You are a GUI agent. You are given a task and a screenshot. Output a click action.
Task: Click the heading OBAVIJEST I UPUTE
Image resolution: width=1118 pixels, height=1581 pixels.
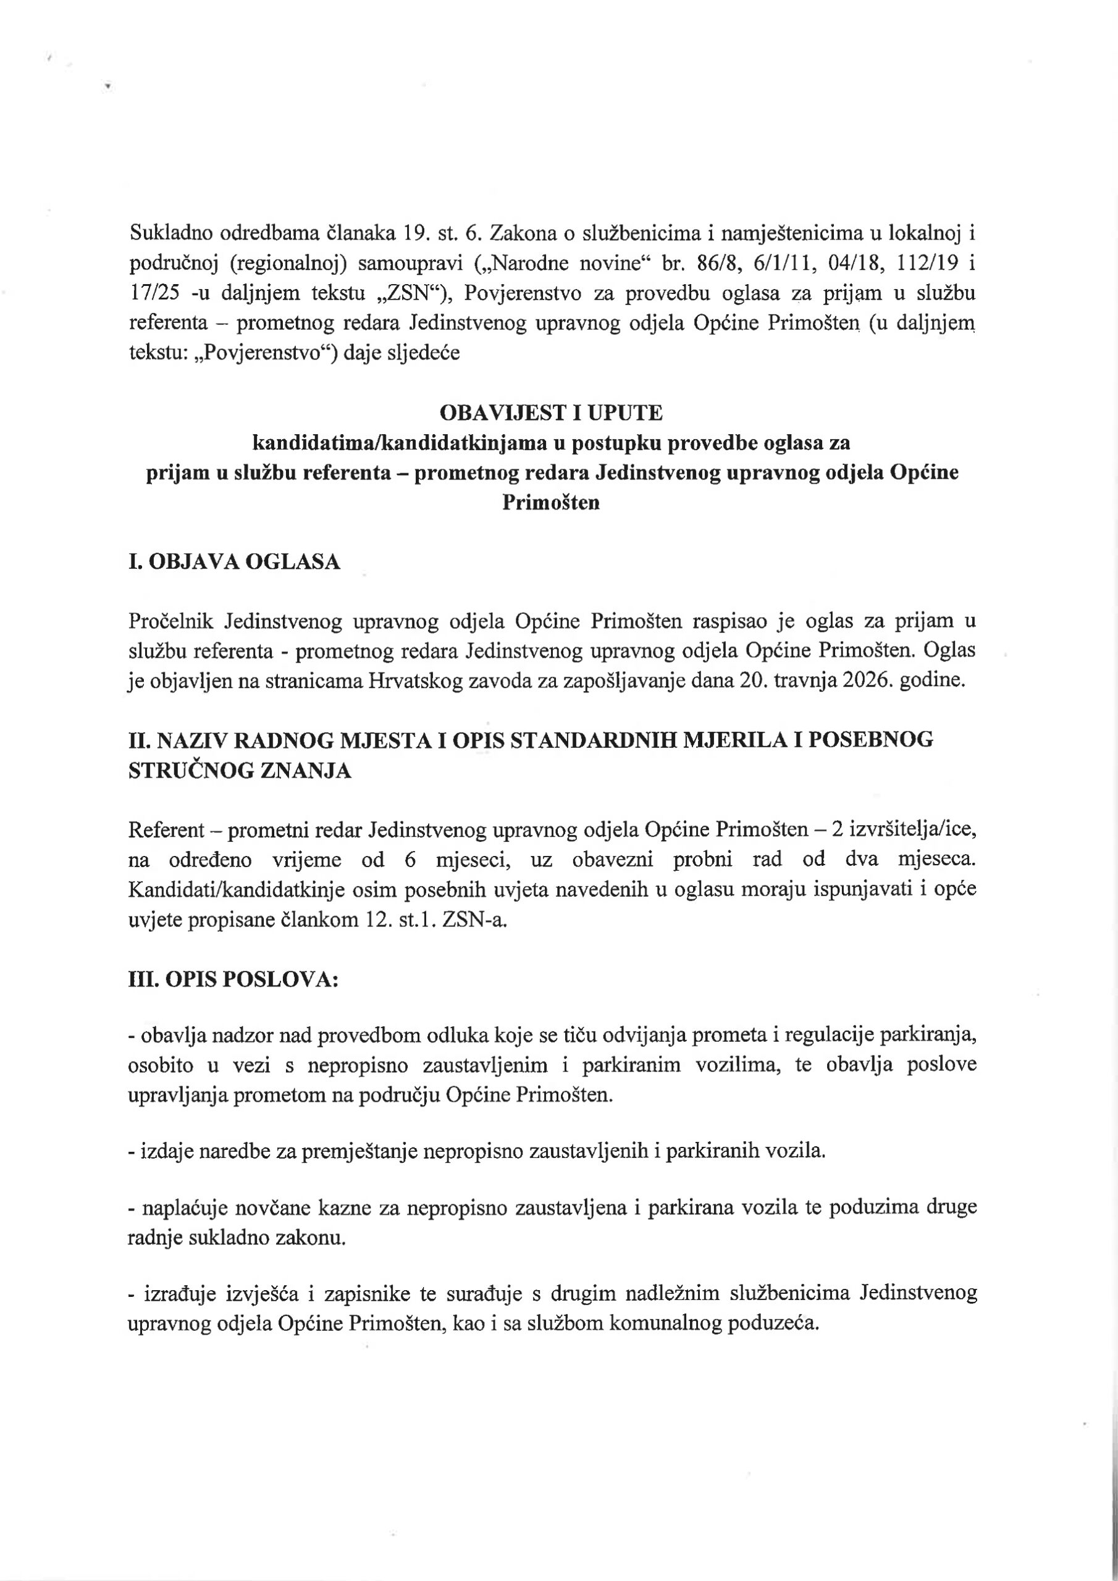click(x=551, y=413)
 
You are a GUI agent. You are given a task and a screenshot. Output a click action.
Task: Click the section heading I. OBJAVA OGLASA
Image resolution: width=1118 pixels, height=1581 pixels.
click(x=234, y=563)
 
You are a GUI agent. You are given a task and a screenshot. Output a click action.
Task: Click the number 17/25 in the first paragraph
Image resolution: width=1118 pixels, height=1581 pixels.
click(x=155, y=293)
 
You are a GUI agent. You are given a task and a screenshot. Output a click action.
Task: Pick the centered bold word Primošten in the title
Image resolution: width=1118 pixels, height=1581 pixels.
click(x=551, y=503)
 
